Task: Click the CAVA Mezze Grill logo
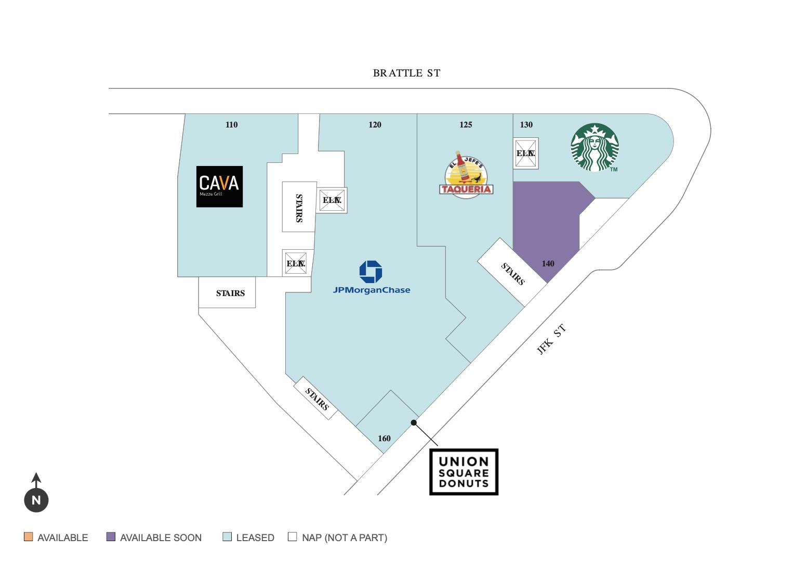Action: click(x=219, y=186)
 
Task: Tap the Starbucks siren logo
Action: click(x=594, y=147)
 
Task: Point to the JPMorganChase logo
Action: click(x=371, y=277)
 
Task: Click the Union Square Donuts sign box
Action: click(x=464, y=472)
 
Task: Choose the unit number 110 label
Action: click(x=231, y=125)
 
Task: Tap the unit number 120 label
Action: click(x=375, y=125)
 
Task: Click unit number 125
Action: click(x=466, y=125)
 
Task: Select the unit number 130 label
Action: click(x=526, y=125)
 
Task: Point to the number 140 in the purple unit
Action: click(x=548, y=264)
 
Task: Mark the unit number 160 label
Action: click(x=384, y=439)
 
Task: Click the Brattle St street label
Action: click(x=406, y=73)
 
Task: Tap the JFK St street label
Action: click(x=551, y=339)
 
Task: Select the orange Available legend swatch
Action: click(x=29, y=536)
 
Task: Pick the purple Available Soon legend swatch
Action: click(x=111, y=536)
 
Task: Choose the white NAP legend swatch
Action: click(x=293, y=536)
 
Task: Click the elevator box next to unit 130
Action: click(x=525, y=153)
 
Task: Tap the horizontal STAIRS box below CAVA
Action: click(x=227, y=293)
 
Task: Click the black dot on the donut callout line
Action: click(x=414, y=423)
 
